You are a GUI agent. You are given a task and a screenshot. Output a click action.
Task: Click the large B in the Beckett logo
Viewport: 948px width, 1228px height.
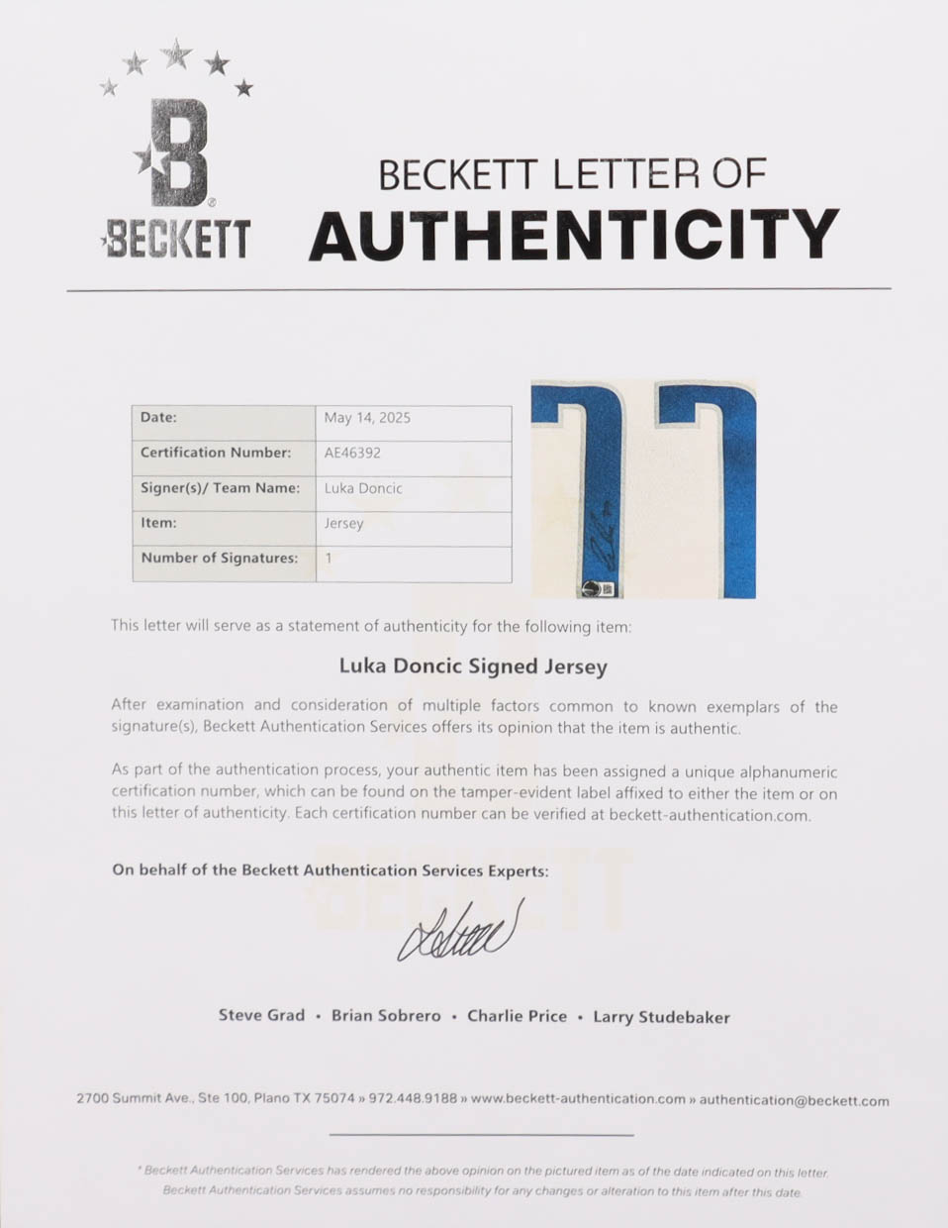[x=179, y=153]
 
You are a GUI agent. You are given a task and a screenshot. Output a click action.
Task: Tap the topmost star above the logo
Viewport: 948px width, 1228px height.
[x=176, y=53]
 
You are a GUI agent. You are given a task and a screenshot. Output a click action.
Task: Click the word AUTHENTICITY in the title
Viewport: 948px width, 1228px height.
[x=573, y=235]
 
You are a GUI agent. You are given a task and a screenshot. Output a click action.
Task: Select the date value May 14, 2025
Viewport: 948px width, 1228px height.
[x=367, y=418]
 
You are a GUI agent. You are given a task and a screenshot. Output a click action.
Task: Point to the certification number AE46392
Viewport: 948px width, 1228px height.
[x=352, y=453]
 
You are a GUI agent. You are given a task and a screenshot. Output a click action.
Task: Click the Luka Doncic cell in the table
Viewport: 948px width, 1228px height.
[x=363, y=488]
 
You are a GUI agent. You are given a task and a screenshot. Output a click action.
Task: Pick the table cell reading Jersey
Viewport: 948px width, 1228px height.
[x=343, y=523]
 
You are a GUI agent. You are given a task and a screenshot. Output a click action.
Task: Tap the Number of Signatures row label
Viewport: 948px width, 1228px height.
[x=219, y=559]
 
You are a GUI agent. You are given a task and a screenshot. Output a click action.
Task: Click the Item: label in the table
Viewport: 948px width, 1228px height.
[x=158, y=523]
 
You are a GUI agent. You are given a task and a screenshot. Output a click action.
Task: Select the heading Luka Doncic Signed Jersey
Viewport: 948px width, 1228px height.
[x=473, y=666]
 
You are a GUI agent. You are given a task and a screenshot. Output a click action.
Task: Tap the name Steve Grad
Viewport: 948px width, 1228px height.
[x=261, y=1015]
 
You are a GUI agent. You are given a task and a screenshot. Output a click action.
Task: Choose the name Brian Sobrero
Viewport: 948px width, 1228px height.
[x=386, y=1016]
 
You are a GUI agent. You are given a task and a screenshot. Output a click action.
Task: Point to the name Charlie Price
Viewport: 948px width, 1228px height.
[x=517, y=1016]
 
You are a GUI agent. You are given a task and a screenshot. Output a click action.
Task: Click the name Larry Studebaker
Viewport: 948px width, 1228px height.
[x=661, y=1017]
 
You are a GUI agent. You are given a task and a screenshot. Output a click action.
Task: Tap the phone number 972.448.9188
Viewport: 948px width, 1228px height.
[x=413, y=1098]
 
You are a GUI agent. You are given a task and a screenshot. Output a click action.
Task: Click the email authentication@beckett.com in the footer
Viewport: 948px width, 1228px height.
[x=794, y=1100]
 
